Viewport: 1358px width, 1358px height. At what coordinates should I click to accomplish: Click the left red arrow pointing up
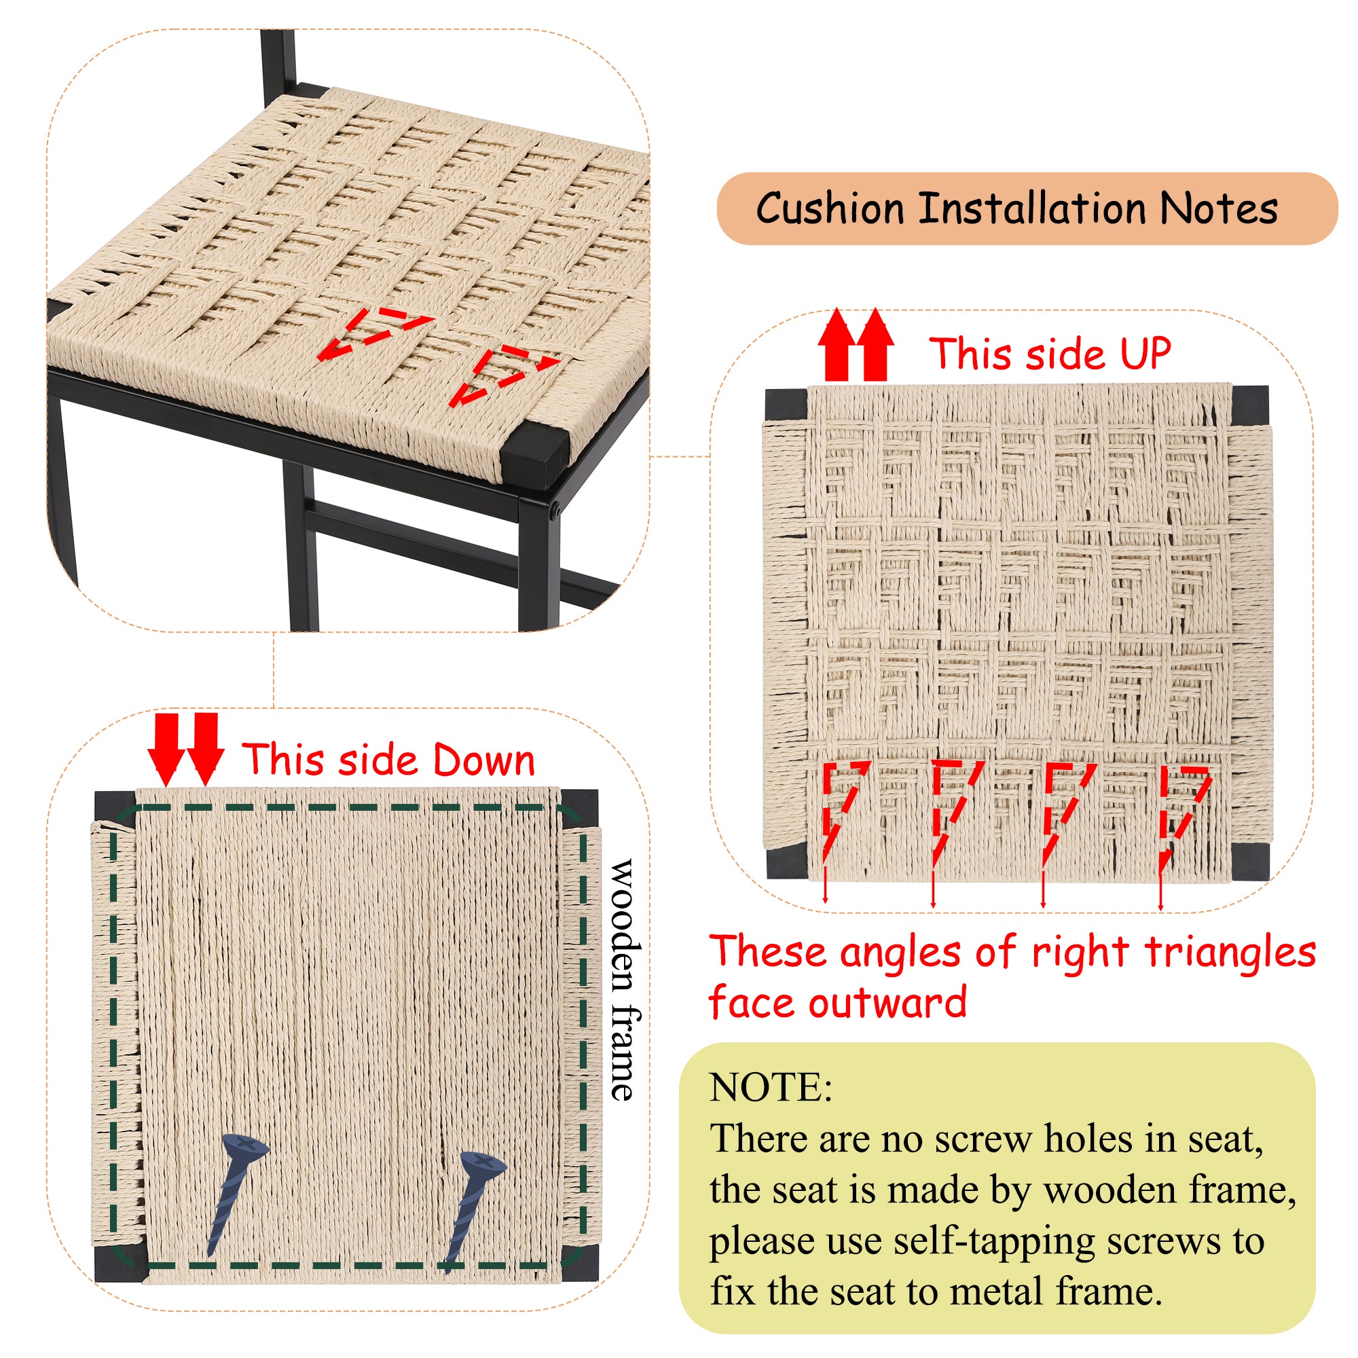836,344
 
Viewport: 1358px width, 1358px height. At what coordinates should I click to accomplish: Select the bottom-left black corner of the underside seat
118,1263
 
